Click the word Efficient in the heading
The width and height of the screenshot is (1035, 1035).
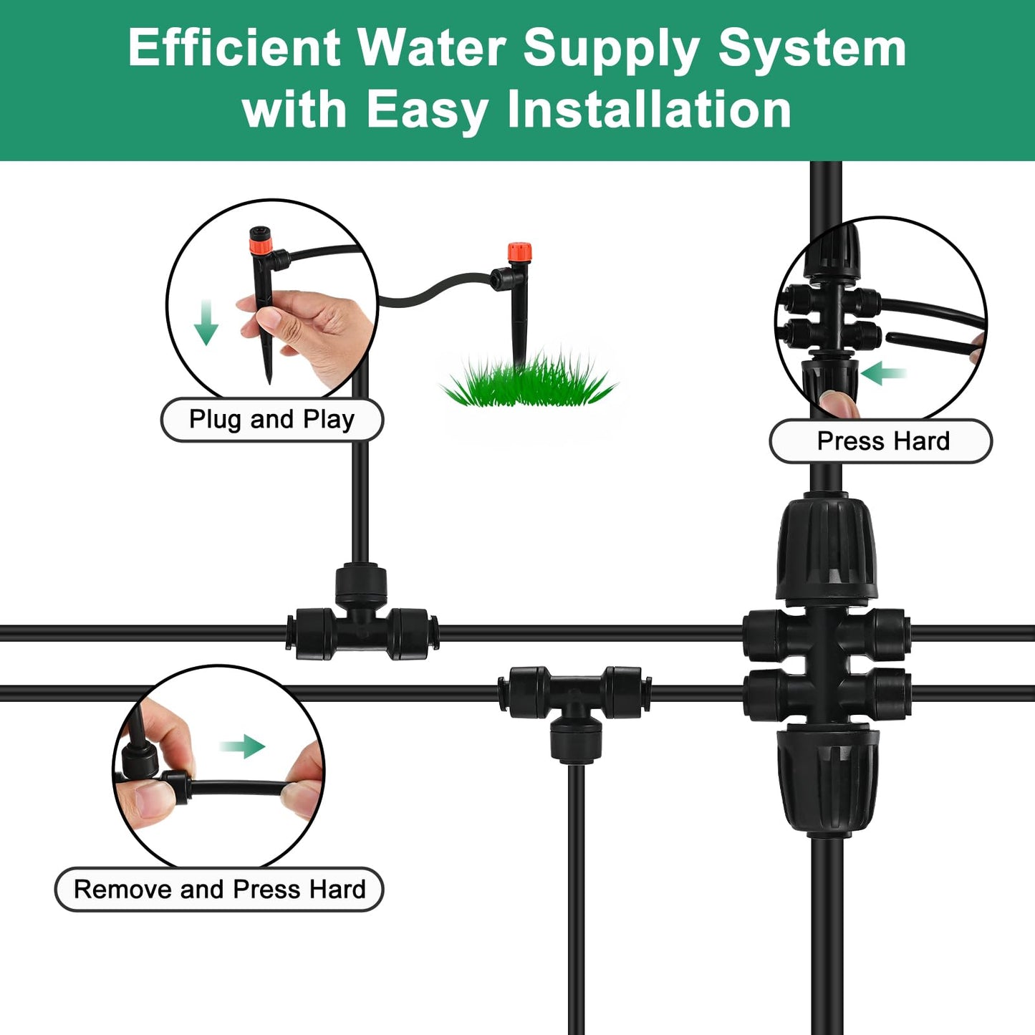click(234, 49)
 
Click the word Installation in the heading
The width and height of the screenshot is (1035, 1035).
click(649, 110)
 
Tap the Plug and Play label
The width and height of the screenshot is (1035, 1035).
click(271, 420)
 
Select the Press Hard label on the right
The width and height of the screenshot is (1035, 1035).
click(882, 441)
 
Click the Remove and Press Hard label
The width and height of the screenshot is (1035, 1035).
click(219, 890)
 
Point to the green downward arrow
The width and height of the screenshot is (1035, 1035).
click(206, 323)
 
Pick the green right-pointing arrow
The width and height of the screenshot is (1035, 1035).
click(244, 746)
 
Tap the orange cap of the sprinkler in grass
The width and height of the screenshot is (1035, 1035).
click(519, 253)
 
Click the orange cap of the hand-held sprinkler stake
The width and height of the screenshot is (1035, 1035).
click(261, 246)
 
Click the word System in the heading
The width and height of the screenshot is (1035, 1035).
click(812, 49)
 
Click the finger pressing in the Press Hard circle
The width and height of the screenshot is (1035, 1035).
click(838, 403)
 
